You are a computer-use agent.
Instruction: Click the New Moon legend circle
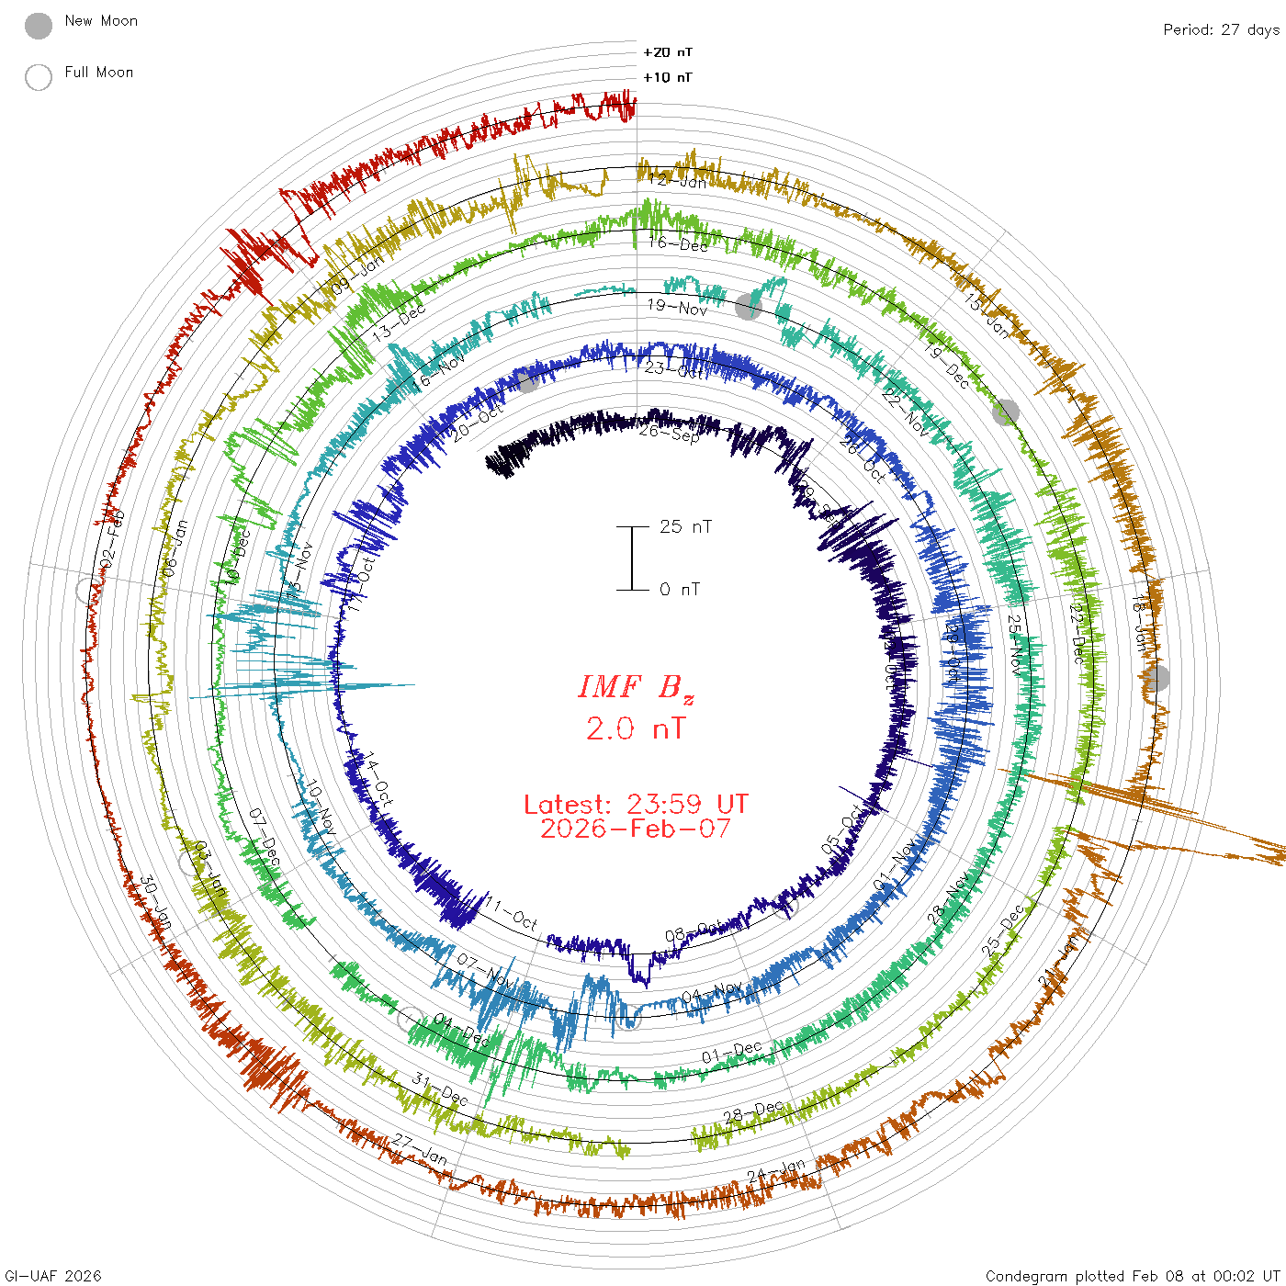39,27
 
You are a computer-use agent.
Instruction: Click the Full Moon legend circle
39,77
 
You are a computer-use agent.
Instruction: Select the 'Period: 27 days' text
1221,29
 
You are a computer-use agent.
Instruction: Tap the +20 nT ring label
668,52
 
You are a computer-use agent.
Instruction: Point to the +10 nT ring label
668,77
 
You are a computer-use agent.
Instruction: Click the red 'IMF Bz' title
636,687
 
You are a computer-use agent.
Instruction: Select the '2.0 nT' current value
636,729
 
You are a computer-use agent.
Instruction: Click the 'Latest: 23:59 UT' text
636,805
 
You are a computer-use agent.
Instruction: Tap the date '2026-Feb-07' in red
636,829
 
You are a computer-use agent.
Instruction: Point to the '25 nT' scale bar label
685,526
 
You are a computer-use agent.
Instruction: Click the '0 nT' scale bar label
680,589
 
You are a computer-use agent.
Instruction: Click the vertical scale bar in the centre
632,558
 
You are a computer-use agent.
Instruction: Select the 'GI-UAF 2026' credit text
51,1276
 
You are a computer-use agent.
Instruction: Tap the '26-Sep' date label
670,432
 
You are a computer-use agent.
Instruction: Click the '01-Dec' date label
732,1053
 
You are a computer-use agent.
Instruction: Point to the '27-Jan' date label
420,1149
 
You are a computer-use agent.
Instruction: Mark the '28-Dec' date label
752,1112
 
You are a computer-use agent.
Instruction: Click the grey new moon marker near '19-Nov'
749,307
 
